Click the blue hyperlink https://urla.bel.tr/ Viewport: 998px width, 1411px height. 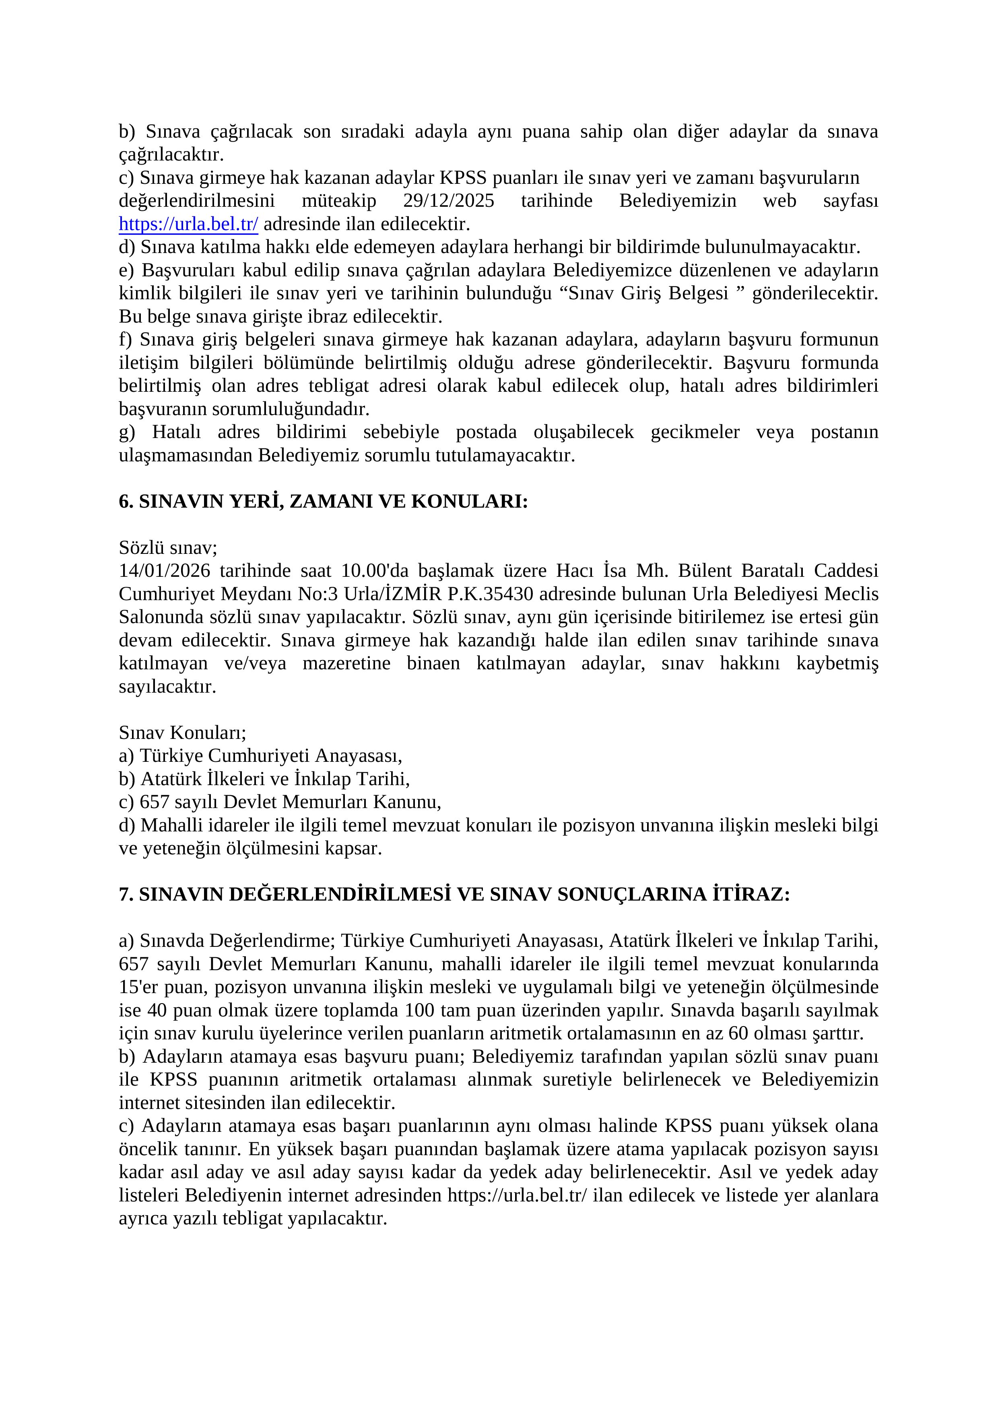[188, 224]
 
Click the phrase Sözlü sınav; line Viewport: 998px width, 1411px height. [168, 547]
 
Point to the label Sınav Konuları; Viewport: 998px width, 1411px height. [182, 732]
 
